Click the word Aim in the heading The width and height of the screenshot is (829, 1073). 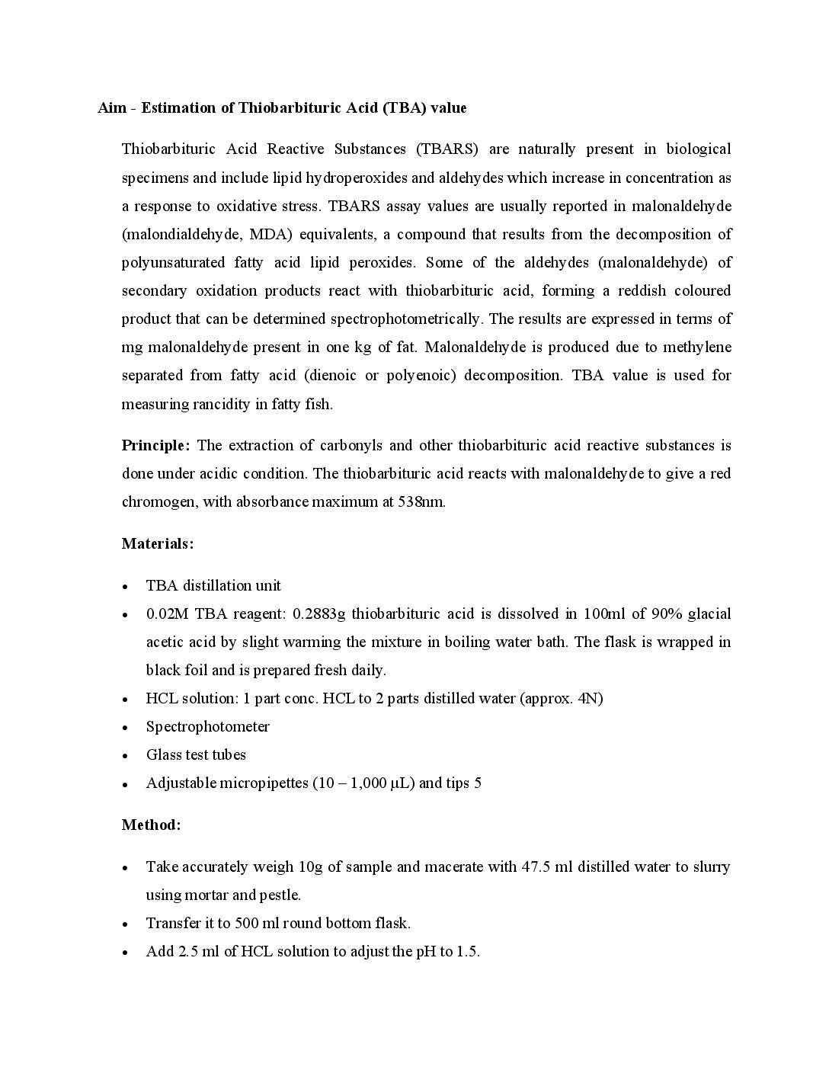pyautogui.click(x=110, y=107)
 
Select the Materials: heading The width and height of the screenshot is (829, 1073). pyautogui.click(x=158, y=543)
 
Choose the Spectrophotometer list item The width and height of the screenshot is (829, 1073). pyautogui.click(x=207, y=726)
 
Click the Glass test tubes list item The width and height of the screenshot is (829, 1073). pyautogui.click(x=196, y=754)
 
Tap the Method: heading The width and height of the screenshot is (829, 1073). pyautogui.click(x=151, y=825)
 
